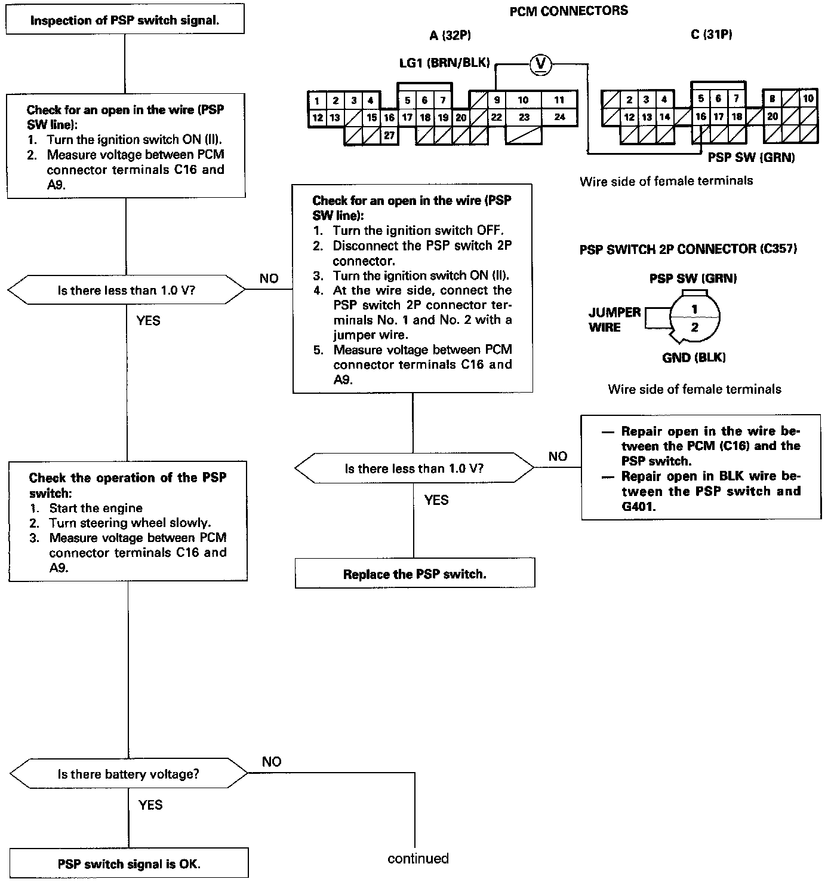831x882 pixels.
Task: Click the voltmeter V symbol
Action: (541, 63)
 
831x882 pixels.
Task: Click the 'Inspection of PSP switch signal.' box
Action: (125, 20)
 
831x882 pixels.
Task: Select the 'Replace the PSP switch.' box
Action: (414, 574)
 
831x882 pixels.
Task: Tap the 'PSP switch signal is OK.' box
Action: (129, 864)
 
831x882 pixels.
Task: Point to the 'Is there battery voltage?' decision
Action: (128, 774)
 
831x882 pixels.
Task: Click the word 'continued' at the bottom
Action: (418, 859)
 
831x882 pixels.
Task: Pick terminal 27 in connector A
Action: (389, 136)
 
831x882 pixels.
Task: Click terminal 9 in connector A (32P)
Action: (497, 100)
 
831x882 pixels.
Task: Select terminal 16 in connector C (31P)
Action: (701, 117)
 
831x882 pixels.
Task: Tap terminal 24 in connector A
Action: (559, 117)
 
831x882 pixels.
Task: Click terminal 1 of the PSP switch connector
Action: (694, 309)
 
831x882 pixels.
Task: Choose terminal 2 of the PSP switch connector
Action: (694, 327)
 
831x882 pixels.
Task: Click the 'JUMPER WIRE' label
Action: (614, 320)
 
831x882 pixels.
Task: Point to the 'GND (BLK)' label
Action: (694, 358)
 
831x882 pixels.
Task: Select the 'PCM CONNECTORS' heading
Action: (568, 11)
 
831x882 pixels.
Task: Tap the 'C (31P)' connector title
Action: (711, 35)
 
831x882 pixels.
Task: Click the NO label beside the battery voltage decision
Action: (272, 762)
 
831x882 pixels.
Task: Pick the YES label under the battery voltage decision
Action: (150, 805)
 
